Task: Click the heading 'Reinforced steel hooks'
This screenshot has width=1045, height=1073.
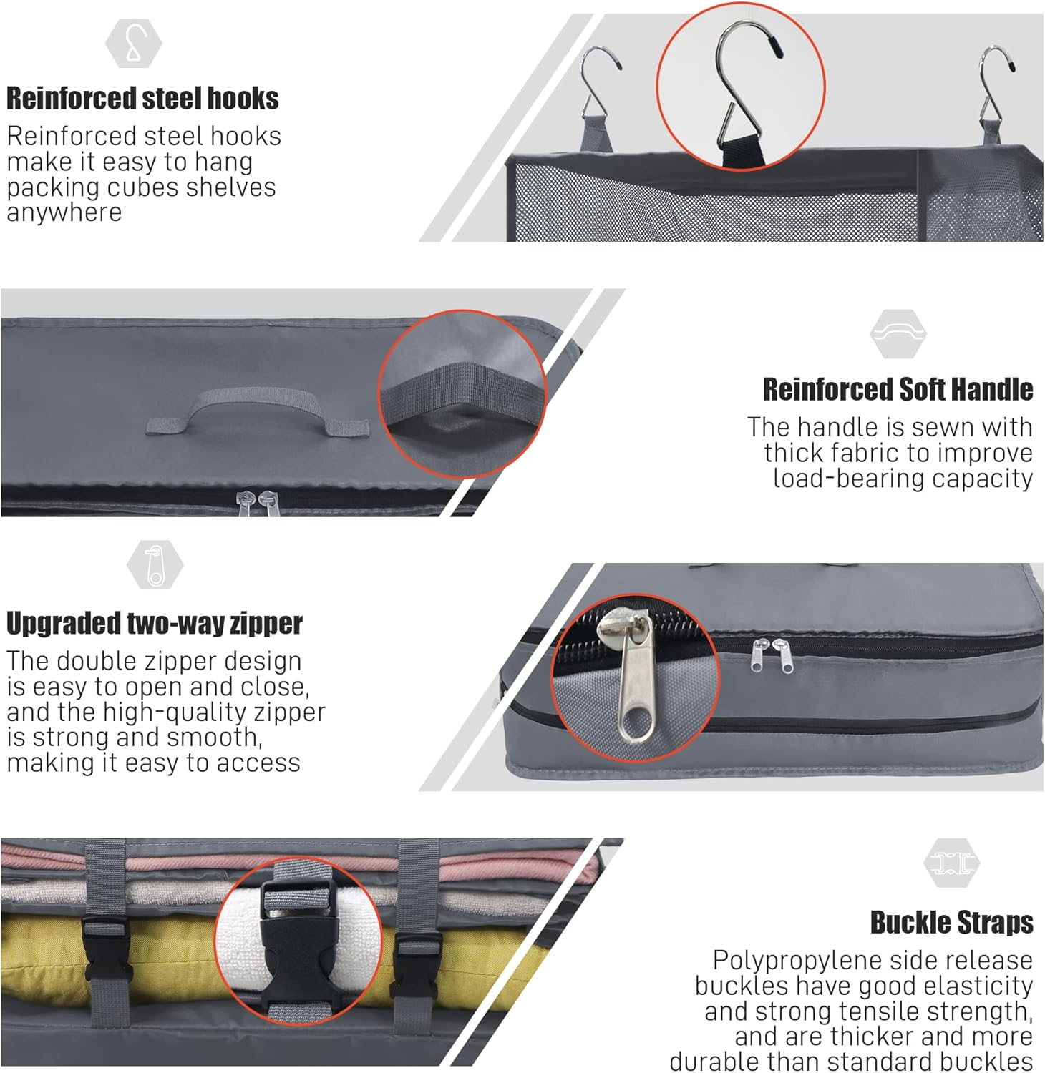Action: coord(142,99)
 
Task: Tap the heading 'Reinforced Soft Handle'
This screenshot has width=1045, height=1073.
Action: coord(898,390)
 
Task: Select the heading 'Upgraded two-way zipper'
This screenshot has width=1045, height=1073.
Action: coord(155,624)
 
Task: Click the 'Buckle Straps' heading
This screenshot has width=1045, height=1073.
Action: coord(952,923)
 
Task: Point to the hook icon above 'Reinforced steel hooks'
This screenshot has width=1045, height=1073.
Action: coord(134,44)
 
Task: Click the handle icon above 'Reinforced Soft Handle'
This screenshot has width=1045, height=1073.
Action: coord(898,333)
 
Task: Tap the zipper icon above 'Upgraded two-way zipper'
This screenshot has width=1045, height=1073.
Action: coord(155,565)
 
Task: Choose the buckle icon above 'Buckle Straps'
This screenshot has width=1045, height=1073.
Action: coord(952,863)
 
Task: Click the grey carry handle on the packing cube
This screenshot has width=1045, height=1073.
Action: coord(257,411)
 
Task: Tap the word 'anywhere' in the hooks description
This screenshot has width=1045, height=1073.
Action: coord(64,212)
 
